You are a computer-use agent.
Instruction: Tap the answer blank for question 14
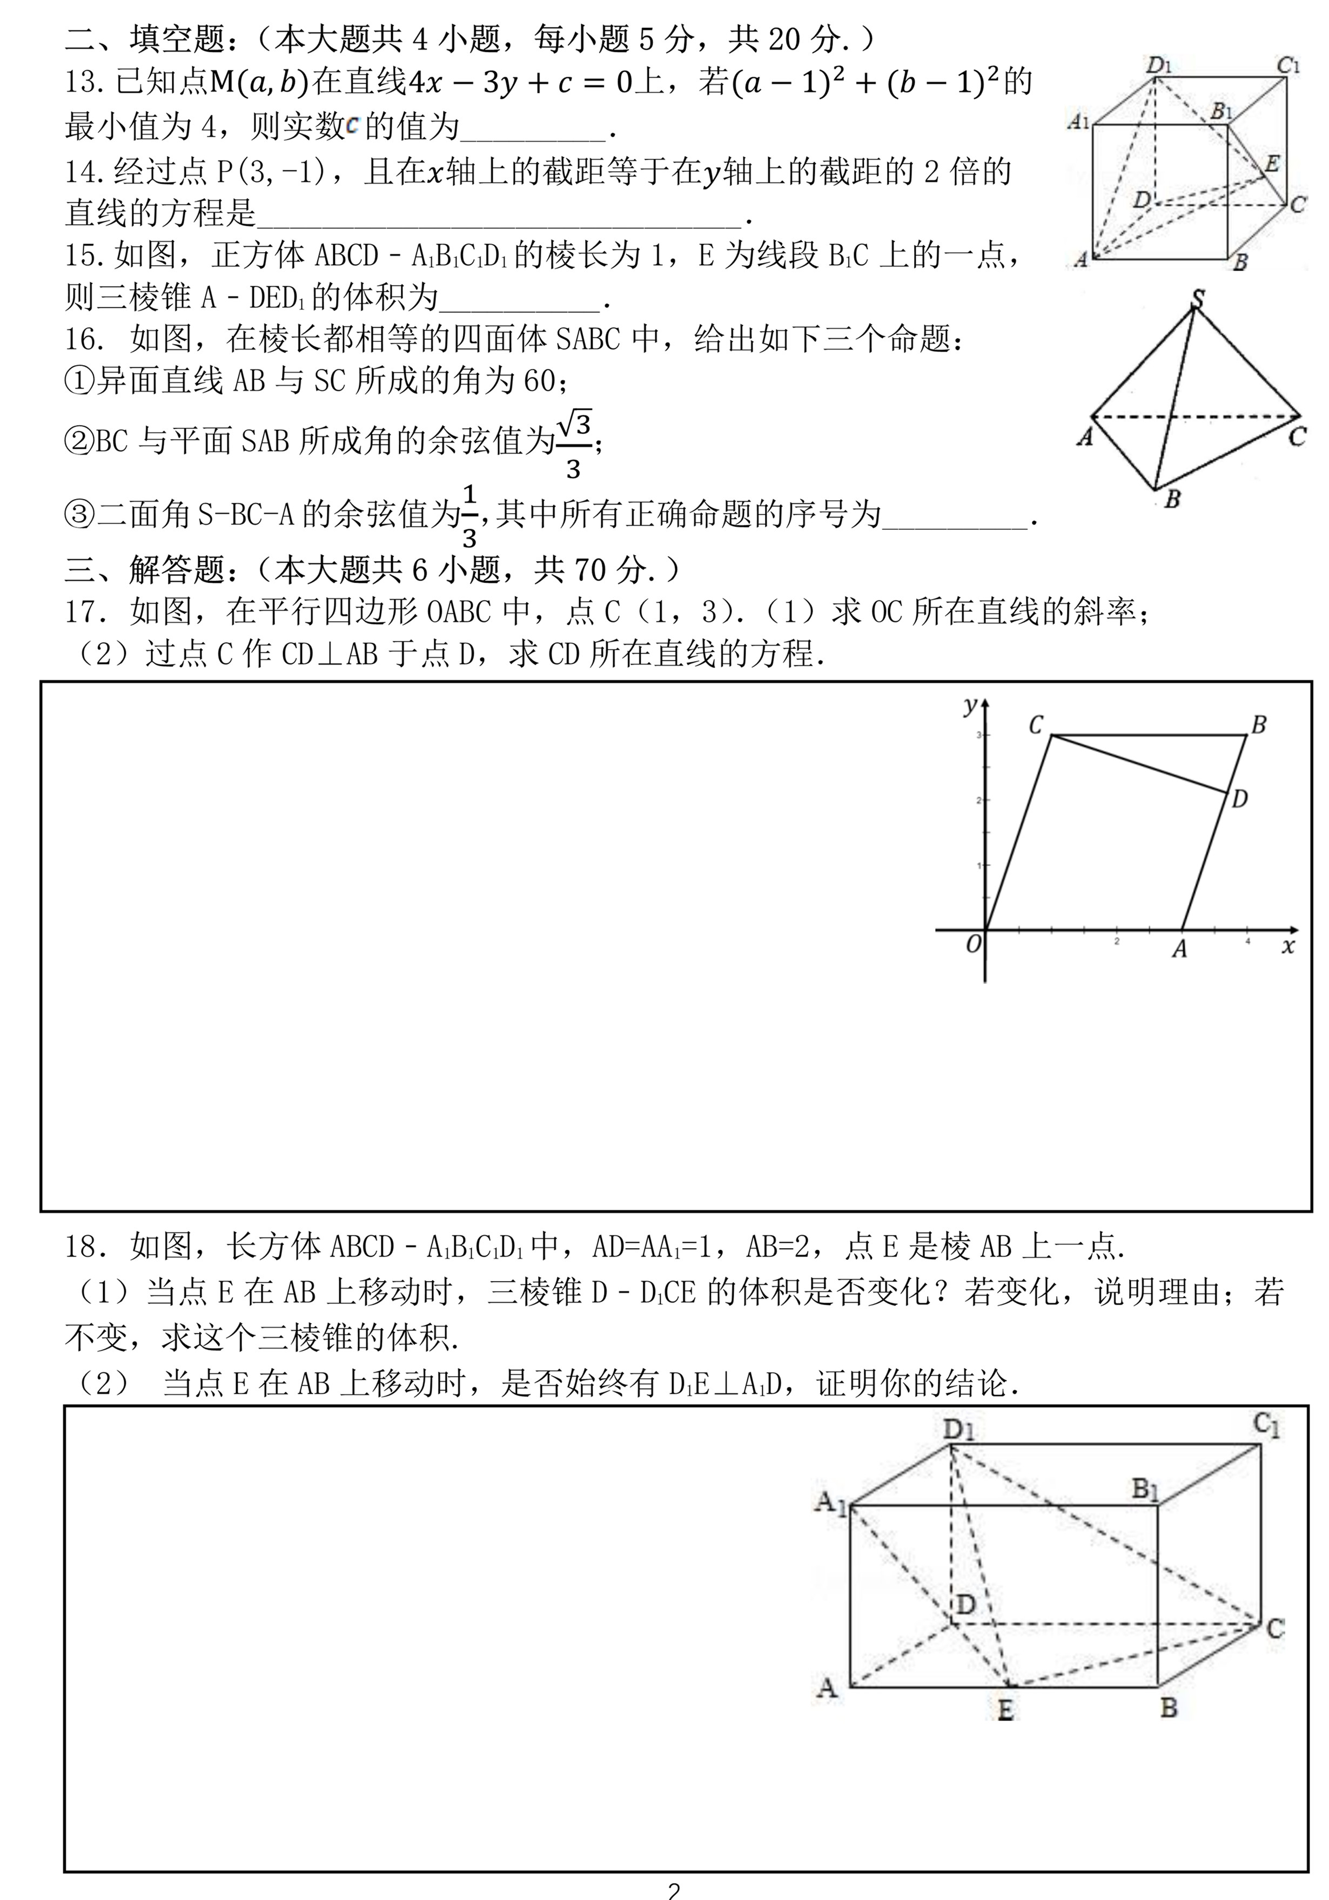(x=501, y=217)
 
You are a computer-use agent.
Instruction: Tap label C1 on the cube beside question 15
(x=1287, y=65)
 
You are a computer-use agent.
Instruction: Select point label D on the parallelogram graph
(x=1239, y=799)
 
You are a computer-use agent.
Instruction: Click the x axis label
(x=1287, y=946)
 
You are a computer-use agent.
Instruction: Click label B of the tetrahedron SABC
(x=1172, y=500)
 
